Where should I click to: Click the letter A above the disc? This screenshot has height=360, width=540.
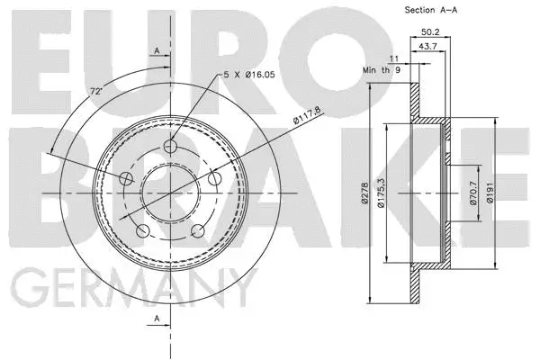(x=157, y=51)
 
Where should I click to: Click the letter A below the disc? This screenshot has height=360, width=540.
(x=157, y=319)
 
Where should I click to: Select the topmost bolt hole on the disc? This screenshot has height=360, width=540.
(x=173, y=147)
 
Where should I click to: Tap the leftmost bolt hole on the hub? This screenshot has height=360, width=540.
(x=126, y=179)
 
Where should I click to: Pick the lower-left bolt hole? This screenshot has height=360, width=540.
(x=142, y=232)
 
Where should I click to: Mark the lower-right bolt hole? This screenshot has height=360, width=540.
(x=199, y=232)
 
